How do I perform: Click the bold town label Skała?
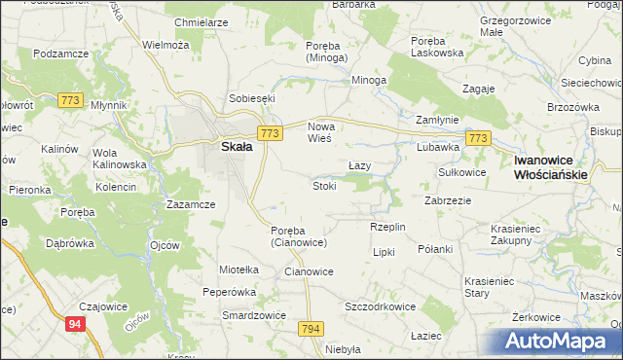coord(238,147)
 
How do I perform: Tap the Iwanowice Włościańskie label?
coord(551,167)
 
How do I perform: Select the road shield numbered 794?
coord(311,330)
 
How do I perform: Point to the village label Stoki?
coord(324,185)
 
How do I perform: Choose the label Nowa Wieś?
coord(320,132)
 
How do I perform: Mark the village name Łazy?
coord(360,165)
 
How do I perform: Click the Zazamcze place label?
coord(191,204)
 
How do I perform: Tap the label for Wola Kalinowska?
coord(119,159)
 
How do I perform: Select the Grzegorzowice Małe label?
coord(519,25)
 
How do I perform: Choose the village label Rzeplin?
coord(387,227)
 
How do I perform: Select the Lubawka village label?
coord(438,148)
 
